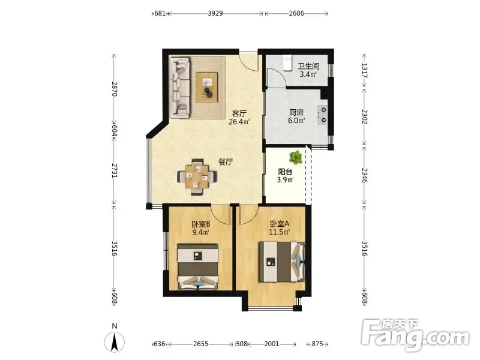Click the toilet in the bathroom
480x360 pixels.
287,63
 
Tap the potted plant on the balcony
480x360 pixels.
296,157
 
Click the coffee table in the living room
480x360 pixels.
207,87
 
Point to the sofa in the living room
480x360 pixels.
180,88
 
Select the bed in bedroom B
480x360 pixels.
198,266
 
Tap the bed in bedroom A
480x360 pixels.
282,262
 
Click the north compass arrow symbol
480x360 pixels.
115,342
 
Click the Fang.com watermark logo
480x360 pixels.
415,335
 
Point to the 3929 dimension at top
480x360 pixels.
215,13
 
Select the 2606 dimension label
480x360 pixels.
296,13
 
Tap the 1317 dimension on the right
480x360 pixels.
364,70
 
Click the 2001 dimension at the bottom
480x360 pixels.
272,344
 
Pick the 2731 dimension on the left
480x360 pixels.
114,171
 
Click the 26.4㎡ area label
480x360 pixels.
239,122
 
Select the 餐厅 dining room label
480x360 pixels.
226,162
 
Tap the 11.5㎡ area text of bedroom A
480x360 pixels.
279,232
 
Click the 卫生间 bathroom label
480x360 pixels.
308,66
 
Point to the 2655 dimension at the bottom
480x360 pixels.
201,344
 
